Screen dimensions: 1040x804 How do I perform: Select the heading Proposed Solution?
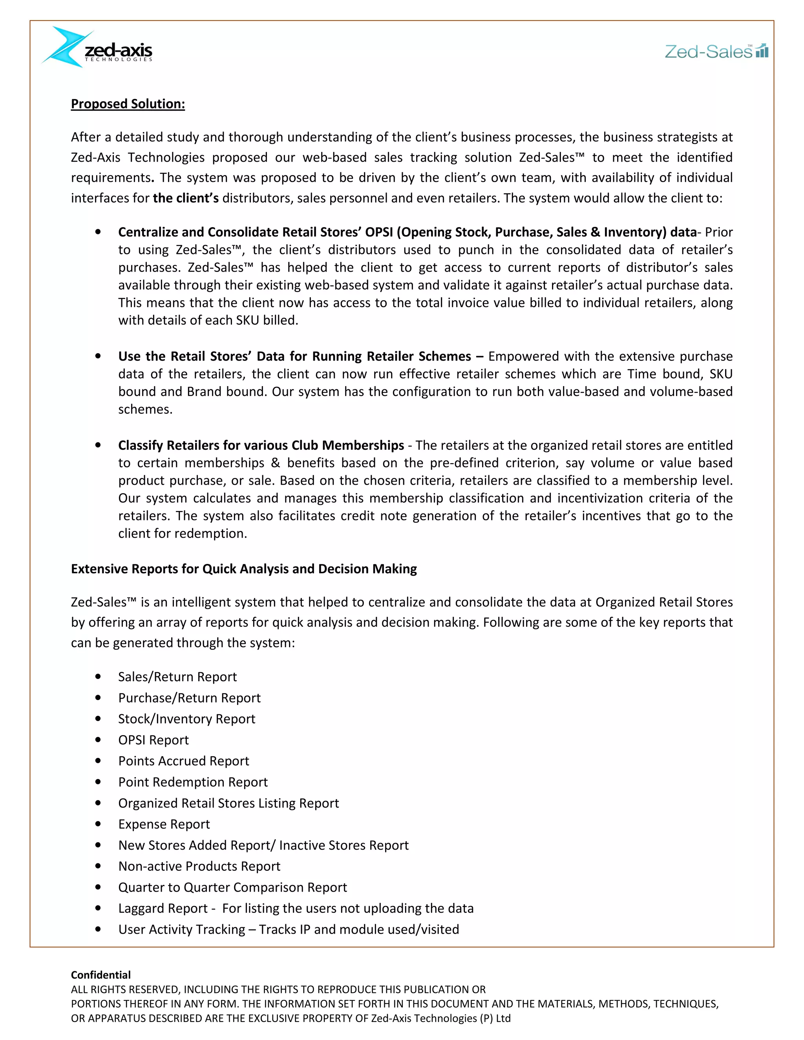(x=128, y=104)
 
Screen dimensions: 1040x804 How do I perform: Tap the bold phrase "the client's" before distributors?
(x=186, y=198)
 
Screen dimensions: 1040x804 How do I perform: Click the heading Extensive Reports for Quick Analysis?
(x=243, y=569)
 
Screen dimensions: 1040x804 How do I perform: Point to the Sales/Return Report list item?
(x=177, y=677)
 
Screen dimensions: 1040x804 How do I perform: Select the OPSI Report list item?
(x=153, y=739)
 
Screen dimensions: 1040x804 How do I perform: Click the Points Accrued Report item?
(x=183, y=761)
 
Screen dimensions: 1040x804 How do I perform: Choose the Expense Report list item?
(x=164, y=824)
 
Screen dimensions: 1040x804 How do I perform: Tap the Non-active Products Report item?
(x=199, y=866)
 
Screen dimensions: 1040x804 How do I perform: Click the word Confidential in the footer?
(x=100, y=975)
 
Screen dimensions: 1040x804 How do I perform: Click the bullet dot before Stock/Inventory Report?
(x=98, y=719)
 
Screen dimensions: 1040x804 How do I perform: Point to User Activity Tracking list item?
(x=288, y=929)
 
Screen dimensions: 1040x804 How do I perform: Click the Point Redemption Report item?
(x=193, y=782)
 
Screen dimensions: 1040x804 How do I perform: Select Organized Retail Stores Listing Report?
(x=228, y=803)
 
